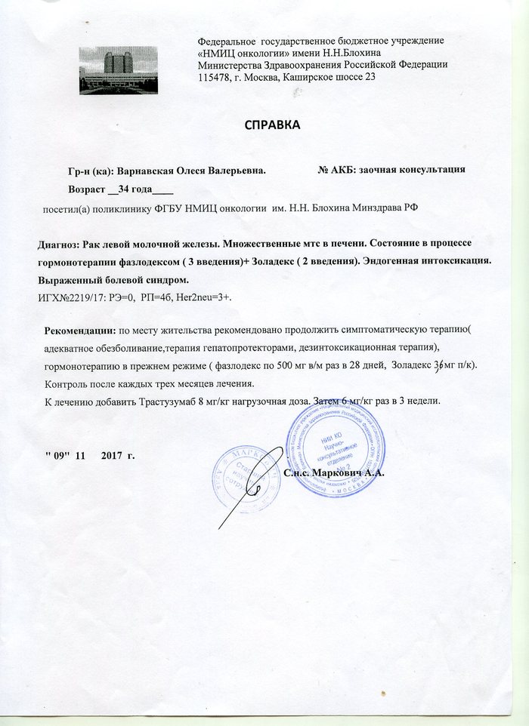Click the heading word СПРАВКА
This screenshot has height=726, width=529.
272,125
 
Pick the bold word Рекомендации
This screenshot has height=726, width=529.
79,331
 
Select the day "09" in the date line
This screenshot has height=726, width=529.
57,457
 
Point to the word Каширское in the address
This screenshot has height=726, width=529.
310,77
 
